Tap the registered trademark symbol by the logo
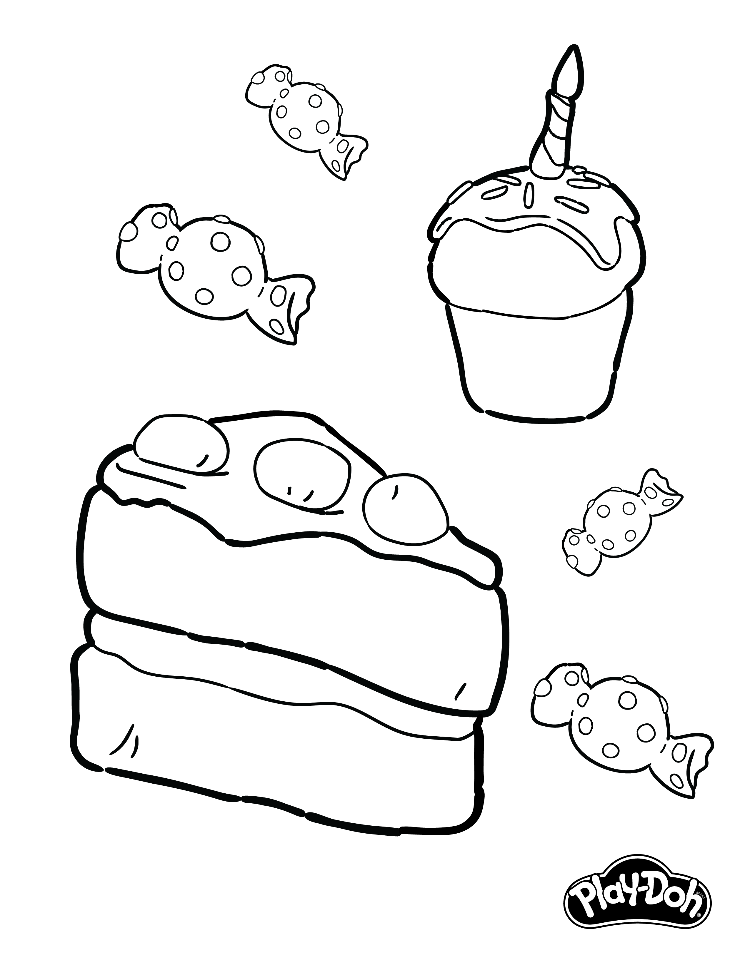coord(699,940)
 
